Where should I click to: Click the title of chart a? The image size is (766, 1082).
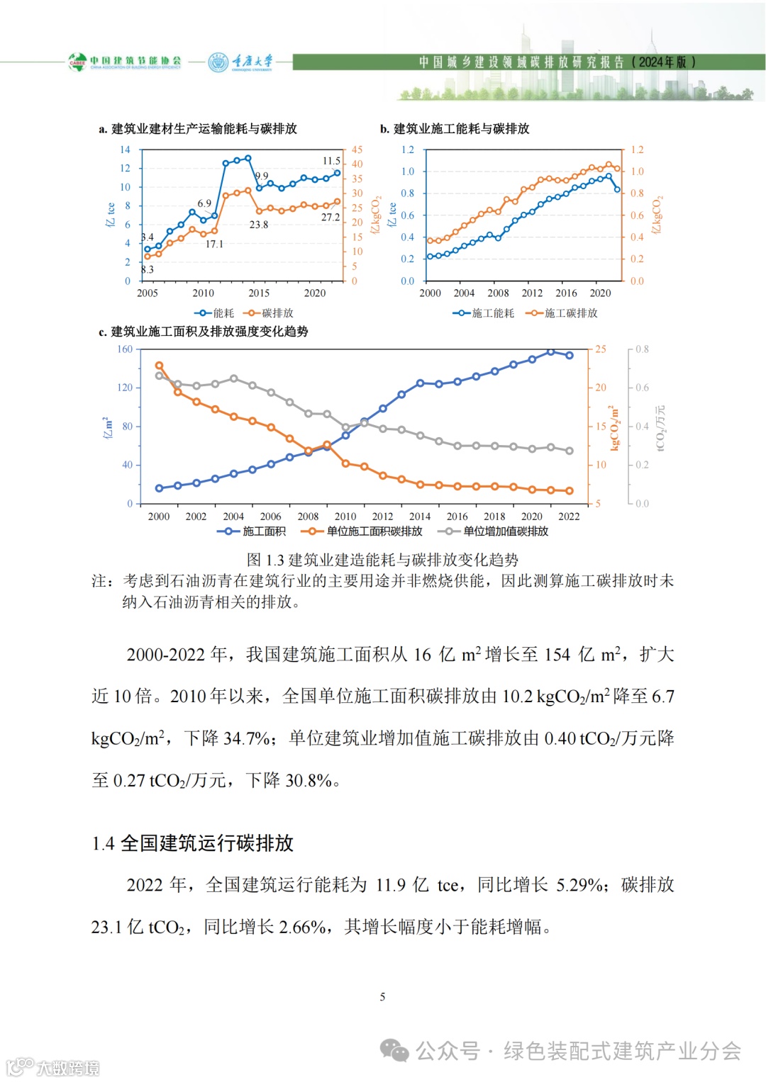click(198, 129)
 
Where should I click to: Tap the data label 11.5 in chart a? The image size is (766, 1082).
click(331, 161)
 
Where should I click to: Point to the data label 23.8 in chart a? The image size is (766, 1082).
click(258, 225)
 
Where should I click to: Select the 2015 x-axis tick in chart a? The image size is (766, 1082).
click(259, 293)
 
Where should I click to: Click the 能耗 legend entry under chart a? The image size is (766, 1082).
click(214, 313)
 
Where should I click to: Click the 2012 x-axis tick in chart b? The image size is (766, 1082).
click(532, 293)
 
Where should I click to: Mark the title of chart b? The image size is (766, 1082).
click(455, 129)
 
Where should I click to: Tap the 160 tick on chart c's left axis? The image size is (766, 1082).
click(125, 349)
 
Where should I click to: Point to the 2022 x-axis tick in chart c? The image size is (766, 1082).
click(569, 517)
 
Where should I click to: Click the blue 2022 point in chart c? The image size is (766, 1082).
click(570, 355)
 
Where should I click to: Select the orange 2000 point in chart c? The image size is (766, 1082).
click(159, 366)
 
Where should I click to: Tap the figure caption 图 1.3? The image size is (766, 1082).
click(382, 560)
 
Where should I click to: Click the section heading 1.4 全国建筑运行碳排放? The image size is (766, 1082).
click(192, 843)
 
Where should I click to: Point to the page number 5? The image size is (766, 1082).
click(382, 997)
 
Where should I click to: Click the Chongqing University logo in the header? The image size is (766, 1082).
click(240, 62)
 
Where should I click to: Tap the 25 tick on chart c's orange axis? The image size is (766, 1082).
click(601, 349)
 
